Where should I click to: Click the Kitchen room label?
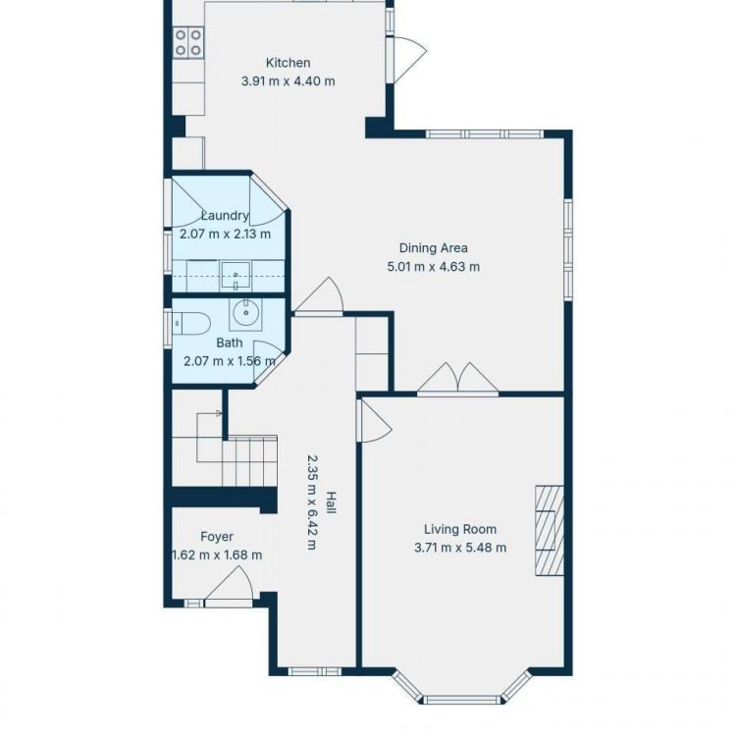288,63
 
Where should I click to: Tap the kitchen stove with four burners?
188,42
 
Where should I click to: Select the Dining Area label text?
433,248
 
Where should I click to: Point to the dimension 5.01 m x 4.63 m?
433,267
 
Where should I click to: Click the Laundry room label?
225,216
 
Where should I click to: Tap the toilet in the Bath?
191,323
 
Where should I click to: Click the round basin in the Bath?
245,314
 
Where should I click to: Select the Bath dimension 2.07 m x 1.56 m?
230,361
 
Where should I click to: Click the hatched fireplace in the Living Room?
550,530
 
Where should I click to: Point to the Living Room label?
460,529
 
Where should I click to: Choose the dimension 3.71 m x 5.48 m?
460,548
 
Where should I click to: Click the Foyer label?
217,537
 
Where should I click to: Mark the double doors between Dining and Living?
457,379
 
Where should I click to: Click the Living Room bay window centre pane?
462,701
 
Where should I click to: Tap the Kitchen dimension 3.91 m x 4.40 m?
289,81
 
